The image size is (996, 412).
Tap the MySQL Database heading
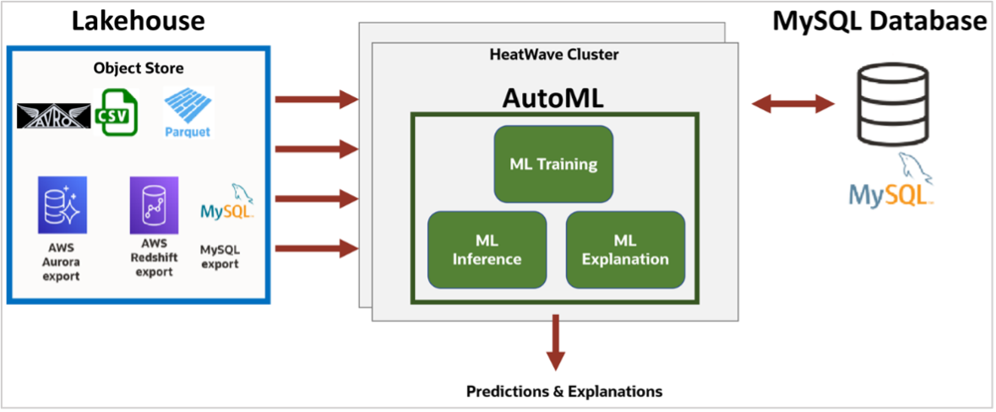coord(879,21)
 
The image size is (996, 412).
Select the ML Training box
coord(553,164)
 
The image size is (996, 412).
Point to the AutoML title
coord(553,98)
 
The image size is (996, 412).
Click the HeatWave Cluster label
coord(553,55)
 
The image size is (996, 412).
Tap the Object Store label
coord(139,68)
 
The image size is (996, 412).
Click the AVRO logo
coord(54,116)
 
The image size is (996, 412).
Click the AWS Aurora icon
coord(62,204)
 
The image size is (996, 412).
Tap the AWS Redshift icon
coord(154,204)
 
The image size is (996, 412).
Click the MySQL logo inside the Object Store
coord(227,207)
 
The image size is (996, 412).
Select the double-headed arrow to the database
coord(792,104)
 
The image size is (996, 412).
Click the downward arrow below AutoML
coord(555,342)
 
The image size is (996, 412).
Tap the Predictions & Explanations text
coord(564,391)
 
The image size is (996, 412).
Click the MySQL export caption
coord(220,257)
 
